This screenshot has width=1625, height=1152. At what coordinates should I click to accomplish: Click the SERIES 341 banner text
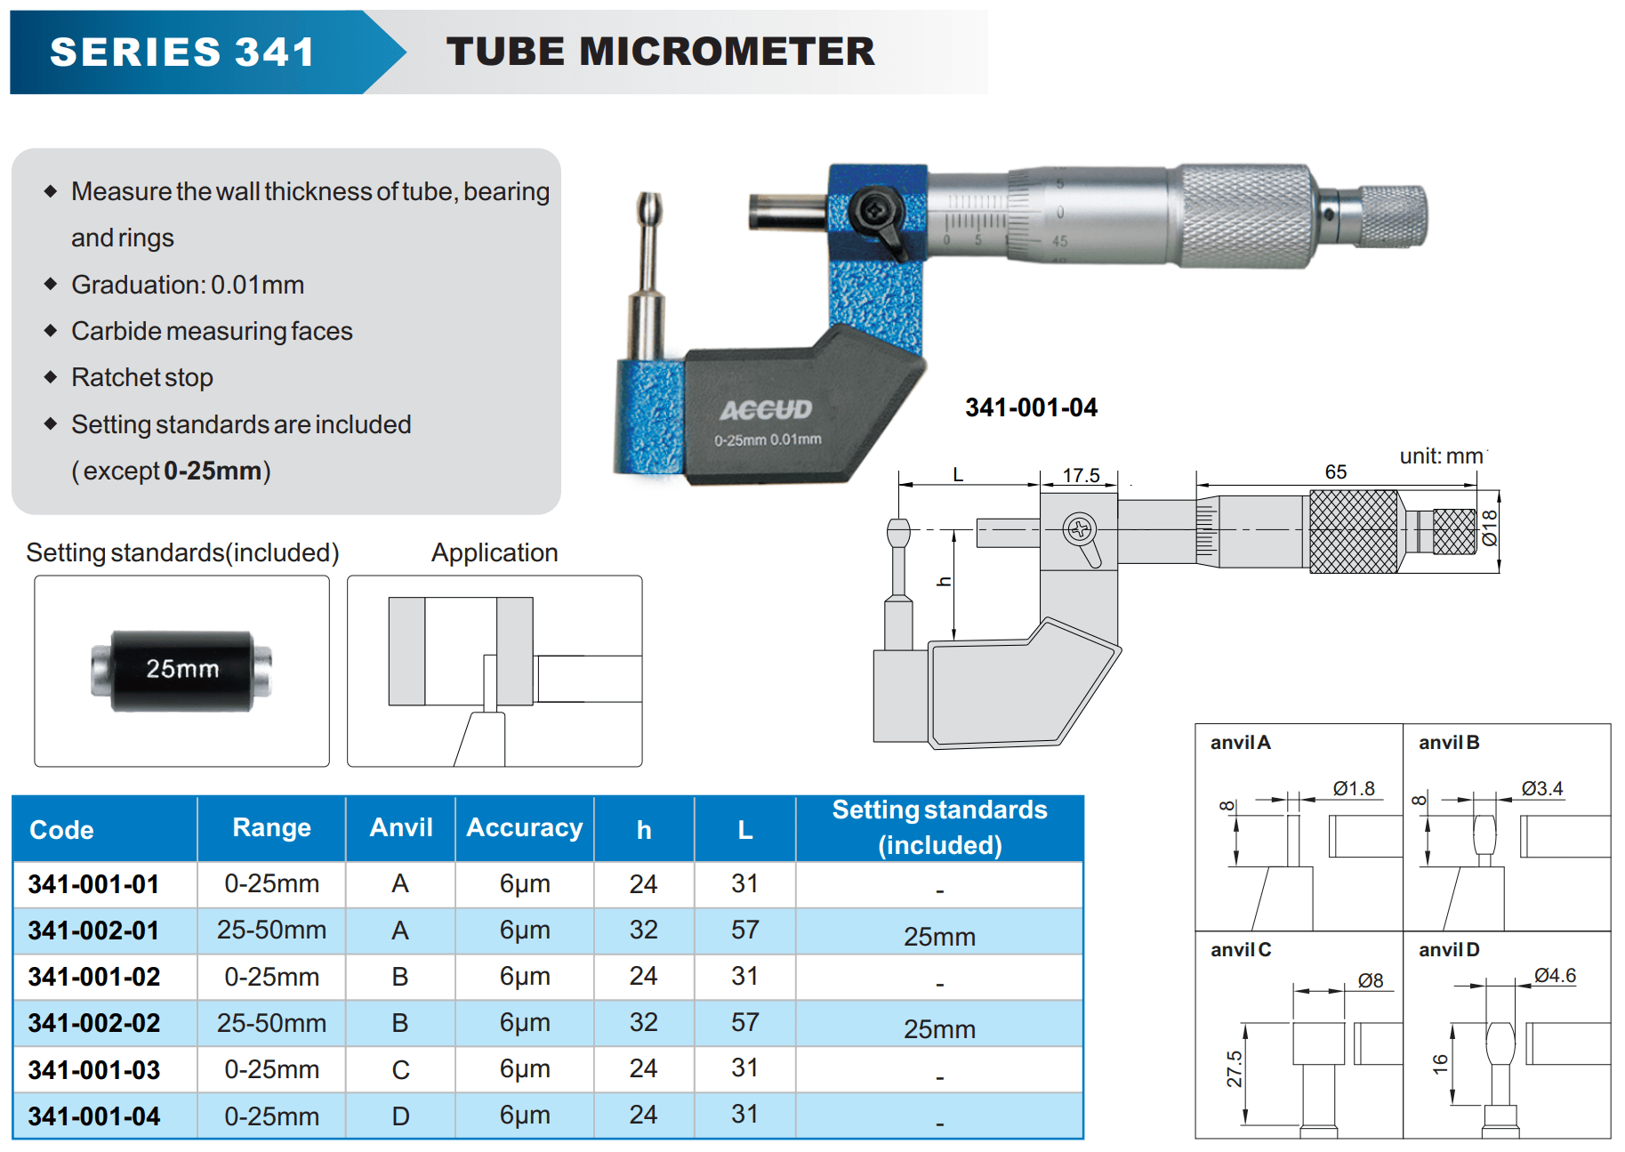pyautogui.click(x=182, y=52)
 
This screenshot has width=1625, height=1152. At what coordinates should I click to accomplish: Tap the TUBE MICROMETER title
pyautogui.click(x=661, y=52)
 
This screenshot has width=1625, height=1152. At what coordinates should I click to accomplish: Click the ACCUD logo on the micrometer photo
pyautogui.click(x=766, y=409)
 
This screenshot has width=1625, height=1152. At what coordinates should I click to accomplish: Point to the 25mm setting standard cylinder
pyautogui.click(x=181, y=670)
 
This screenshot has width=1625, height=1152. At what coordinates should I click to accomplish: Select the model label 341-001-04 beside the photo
pyautogui.click(x=1031, y=407)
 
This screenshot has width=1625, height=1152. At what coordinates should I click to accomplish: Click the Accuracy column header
pyautogui.click(x=525, y=828)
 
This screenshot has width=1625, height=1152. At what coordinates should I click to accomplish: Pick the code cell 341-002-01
pyautogui.click(x=93, y=930)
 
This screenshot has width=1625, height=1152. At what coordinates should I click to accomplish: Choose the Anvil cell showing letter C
pyautogui.click(x=400, y=1069)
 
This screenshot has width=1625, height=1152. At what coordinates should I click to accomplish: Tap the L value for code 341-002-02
pyautogui.click(x=744, y=1023)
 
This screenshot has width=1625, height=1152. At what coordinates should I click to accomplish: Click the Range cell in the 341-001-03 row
pyautogui.click(x=271, y=1069)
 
